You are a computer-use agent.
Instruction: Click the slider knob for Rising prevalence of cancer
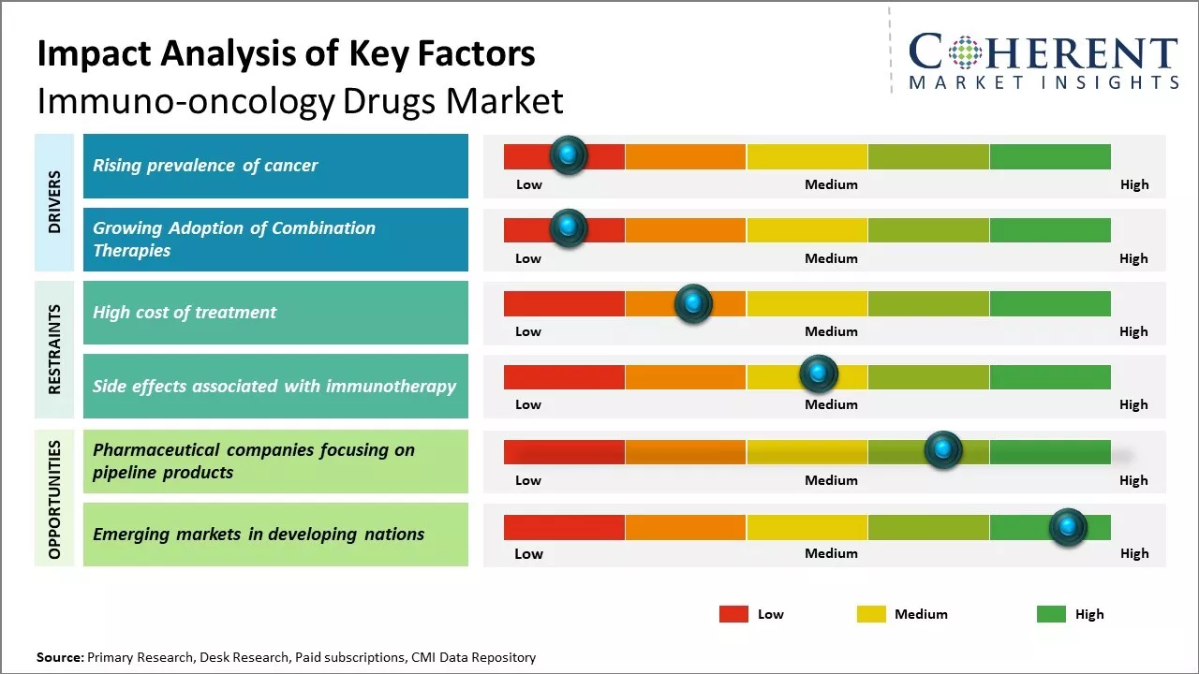568,155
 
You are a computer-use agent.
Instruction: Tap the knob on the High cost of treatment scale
693,303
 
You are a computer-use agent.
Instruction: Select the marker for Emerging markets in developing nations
1068,527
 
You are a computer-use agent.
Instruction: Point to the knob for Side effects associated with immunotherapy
819,374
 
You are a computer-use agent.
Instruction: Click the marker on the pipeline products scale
943,450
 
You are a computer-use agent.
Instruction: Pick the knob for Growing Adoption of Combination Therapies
568,228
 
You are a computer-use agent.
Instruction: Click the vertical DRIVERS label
54,201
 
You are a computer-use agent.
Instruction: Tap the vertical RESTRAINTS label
54,349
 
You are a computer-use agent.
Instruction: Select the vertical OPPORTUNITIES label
54,499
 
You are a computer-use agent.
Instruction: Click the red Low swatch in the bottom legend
733,614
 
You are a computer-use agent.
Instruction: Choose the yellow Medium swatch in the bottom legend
871,614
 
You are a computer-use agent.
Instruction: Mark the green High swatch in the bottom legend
1051,614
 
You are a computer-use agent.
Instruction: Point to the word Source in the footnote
59,657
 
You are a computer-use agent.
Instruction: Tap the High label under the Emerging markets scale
1134,553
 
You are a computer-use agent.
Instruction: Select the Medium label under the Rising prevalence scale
831,184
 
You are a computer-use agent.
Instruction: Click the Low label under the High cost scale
528,331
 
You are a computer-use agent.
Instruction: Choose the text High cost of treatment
185,313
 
